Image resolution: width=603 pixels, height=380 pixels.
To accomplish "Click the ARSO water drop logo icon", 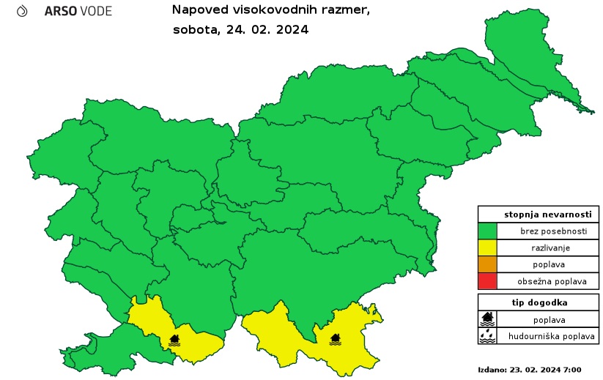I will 22,11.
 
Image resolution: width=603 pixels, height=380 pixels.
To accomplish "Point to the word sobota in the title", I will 193,30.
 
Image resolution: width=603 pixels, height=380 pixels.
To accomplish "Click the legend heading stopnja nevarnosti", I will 539,215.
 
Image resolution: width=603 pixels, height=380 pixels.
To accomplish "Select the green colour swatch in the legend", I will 488,231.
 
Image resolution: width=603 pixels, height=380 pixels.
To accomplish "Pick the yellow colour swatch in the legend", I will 488,247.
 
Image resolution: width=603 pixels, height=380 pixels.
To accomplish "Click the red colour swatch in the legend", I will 488,280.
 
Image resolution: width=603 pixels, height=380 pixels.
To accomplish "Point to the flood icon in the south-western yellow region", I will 174,340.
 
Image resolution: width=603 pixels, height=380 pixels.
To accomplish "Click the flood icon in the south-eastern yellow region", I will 335,339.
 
